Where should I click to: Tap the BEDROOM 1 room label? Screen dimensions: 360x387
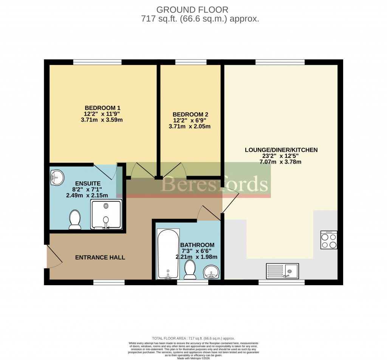point(102,107)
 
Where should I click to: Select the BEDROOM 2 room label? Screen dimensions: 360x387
point(190,114)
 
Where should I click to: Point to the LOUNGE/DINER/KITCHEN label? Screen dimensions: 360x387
point(281,150)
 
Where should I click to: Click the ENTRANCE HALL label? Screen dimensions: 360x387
point(100,258)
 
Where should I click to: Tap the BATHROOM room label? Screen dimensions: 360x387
point(197,245)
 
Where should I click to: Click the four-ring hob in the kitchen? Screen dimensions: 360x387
point(328,240)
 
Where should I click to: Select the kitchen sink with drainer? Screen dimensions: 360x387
point(282,271)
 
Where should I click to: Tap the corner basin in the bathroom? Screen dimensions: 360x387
point(211,272)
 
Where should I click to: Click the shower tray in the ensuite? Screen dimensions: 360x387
point(106,214)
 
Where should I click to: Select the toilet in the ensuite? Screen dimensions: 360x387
point(75,220)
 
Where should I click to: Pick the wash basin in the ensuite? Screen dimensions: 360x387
point(57,177)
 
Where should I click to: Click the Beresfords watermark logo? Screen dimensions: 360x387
point(215,184)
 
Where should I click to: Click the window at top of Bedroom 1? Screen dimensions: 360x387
point(98,62)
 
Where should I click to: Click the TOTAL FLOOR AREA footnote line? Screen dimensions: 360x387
point(193,338)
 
